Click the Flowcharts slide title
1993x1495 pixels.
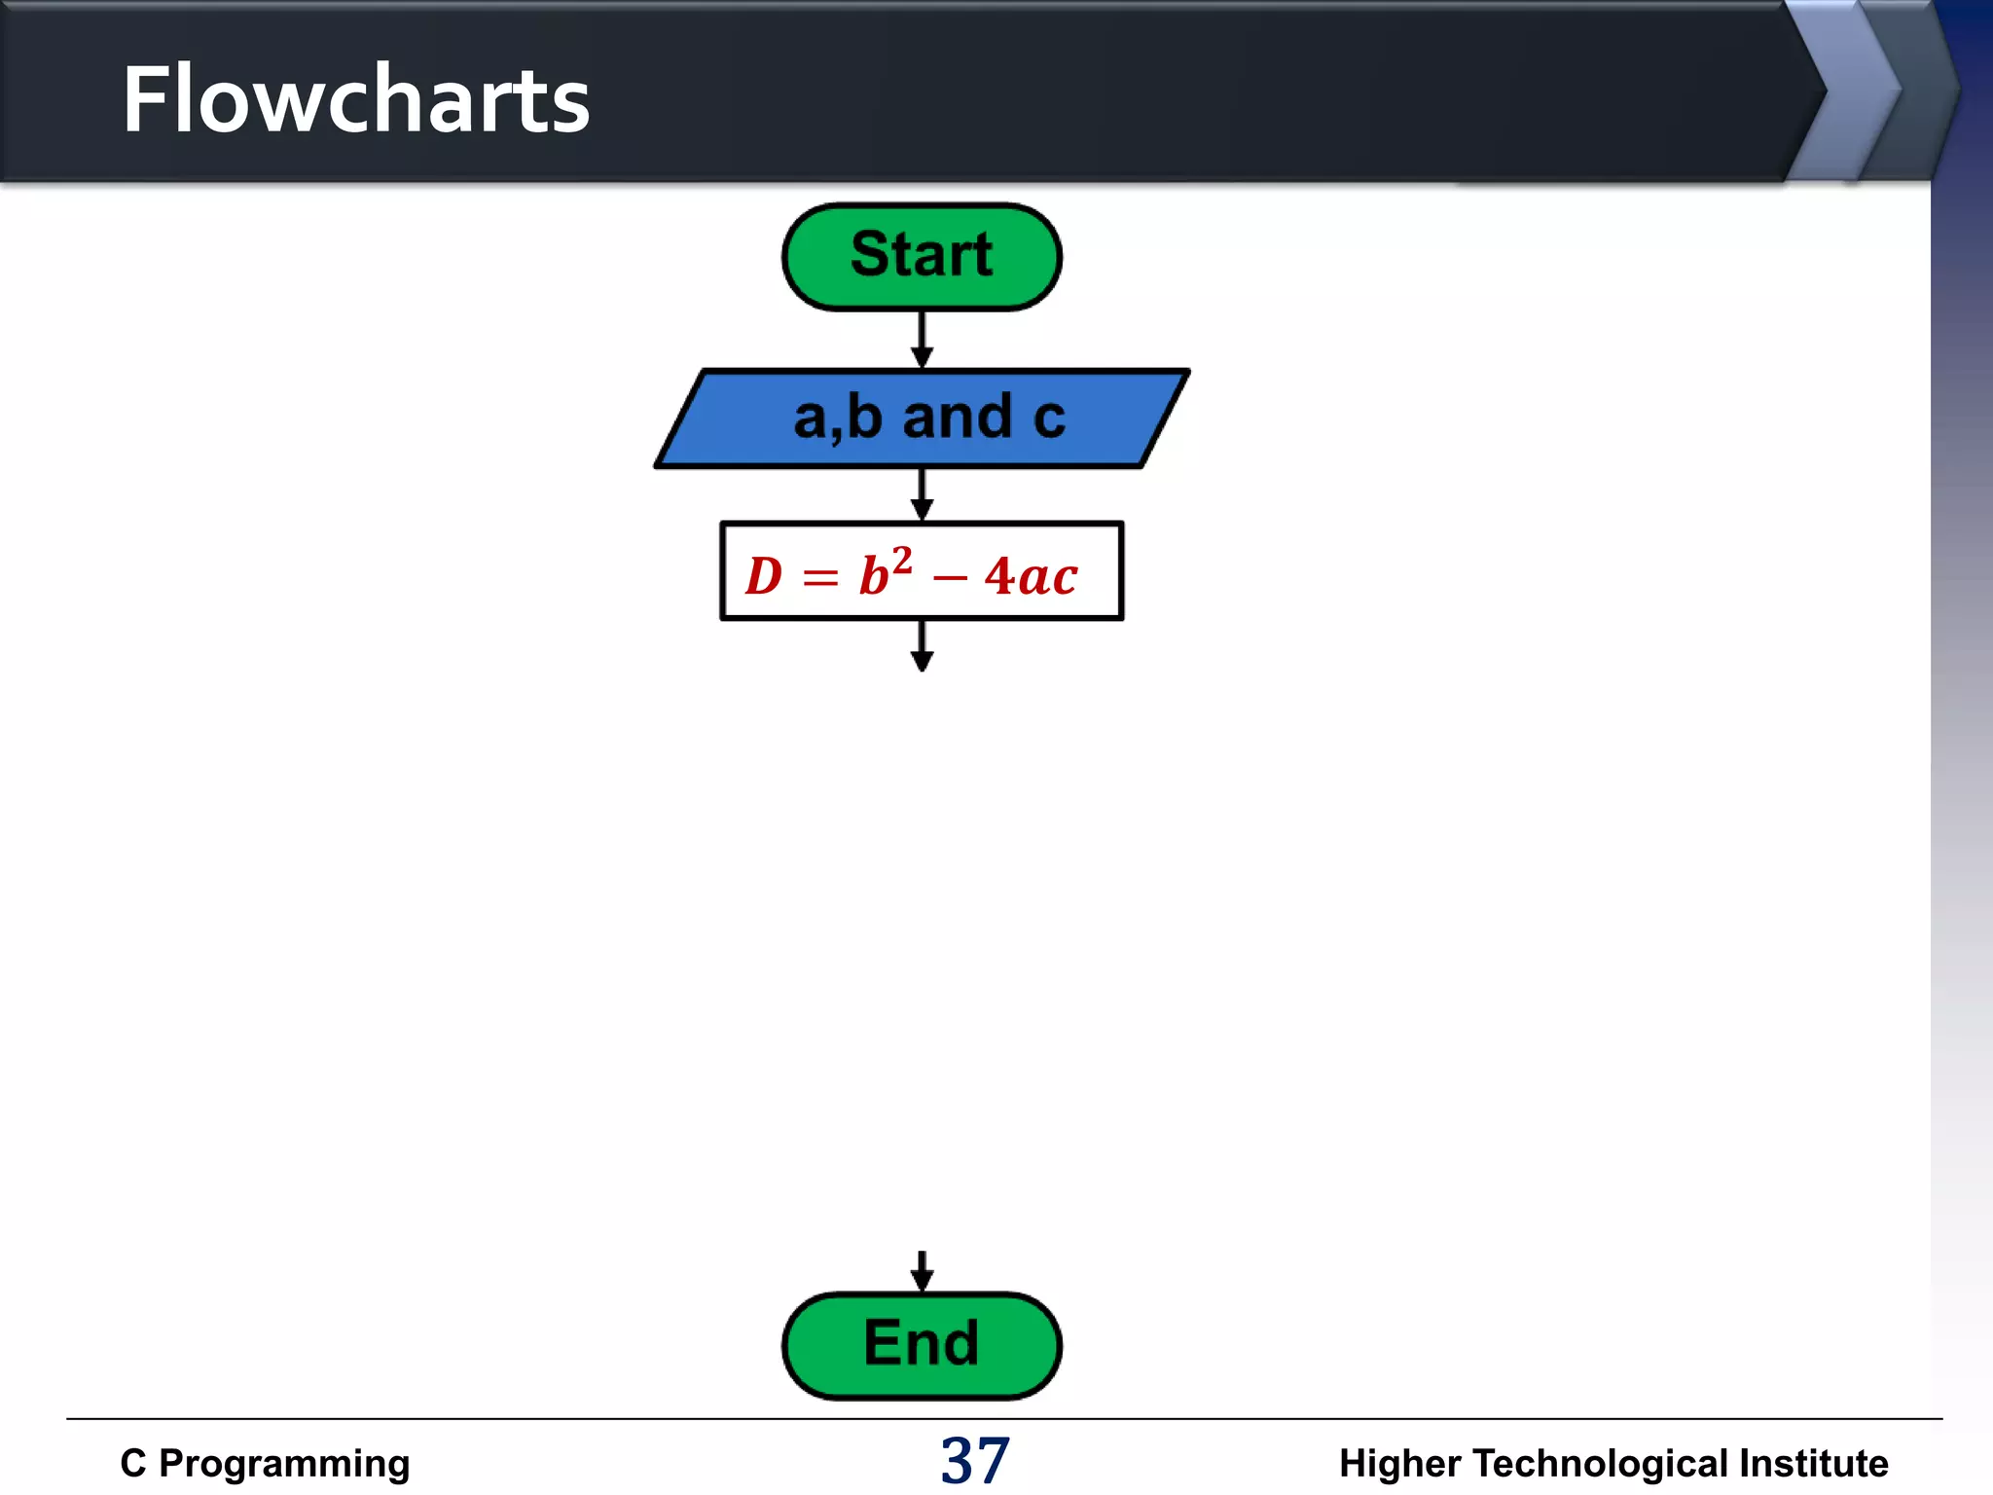click(x=355, y=99)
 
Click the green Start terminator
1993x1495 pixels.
click(x=921, y=256)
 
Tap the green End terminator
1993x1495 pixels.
click(x=921, y=1345)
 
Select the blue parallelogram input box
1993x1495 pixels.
click(x=921, y=419)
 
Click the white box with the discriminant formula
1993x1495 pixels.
click(x=921, y=571)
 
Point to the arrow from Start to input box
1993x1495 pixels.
click(x=922, y=340)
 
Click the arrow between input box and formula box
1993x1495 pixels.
click(x=922, y=494)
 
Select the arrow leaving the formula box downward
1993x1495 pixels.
click(x=922, y=646)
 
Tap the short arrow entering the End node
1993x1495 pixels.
click(x=922, y=1271)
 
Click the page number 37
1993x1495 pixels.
click(x=974, y=1461)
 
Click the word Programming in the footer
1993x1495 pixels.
click(x=284, y=1463)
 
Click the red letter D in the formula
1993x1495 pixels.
click(x=764, y=576)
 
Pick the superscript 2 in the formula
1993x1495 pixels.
click(x=902, y=560)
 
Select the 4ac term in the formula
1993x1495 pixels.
click(x=1031, y=576)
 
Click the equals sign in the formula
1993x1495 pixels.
click(x=819, y=579)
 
